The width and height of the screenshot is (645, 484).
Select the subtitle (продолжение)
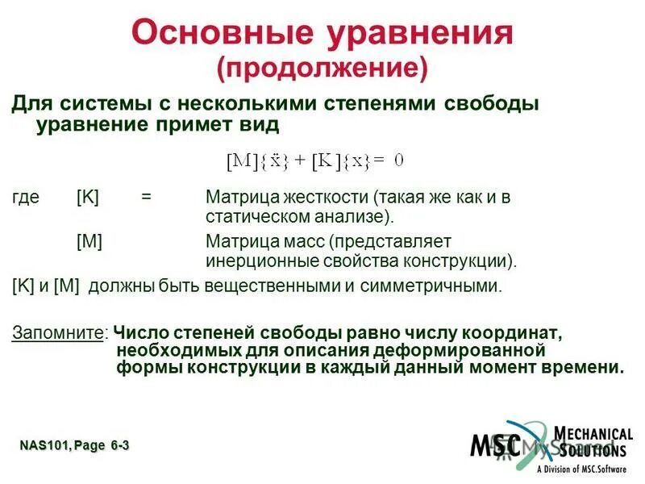[x=321, y=69]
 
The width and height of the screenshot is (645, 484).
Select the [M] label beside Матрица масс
[x=89, y=241]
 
